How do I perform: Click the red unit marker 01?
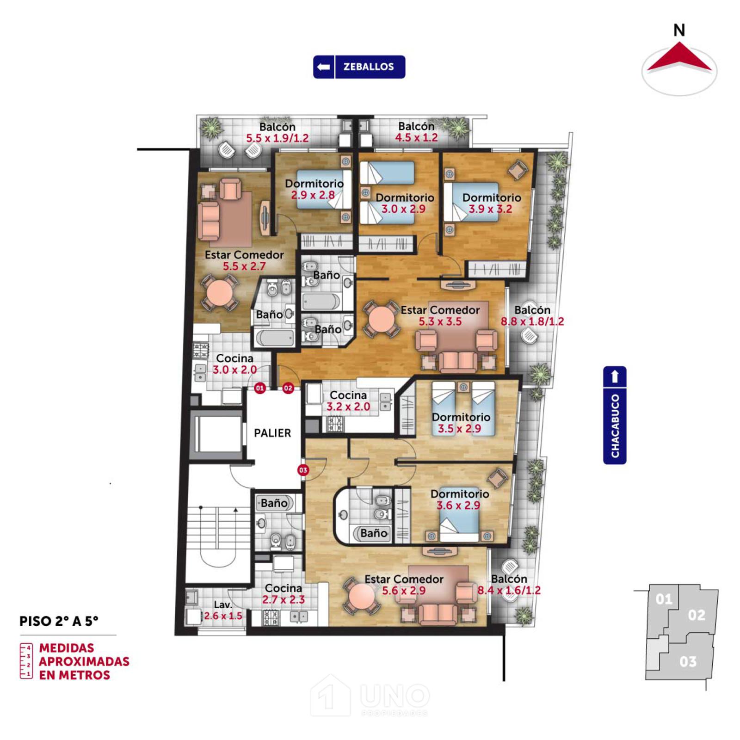pos(260,388)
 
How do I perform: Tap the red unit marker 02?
pos(288,388)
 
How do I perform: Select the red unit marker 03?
pos(303,470)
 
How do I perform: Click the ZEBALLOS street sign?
pos(359,67)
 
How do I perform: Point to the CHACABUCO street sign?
pos(615,415)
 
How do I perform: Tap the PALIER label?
pos(272,433)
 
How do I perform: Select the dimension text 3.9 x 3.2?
pos(491,209)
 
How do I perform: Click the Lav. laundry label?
pos(223,604)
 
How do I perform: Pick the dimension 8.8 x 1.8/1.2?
pos(532,321)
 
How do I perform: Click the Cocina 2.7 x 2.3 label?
pos(284,594)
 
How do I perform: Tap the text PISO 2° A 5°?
pos(59,621)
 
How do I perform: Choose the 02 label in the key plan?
pos(697,615)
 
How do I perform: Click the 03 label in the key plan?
pos(688,662)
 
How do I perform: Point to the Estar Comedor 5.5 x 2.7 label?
pos(244,260)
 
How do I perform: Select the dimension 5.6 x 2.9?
pos(404,591)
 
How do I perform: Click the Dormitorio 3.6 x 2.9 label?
pos(460,499)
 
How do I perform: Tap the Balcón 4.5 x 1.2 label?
pos(416,132)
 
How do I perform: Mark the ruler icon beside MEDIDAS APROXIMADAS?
pos(26,661)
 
